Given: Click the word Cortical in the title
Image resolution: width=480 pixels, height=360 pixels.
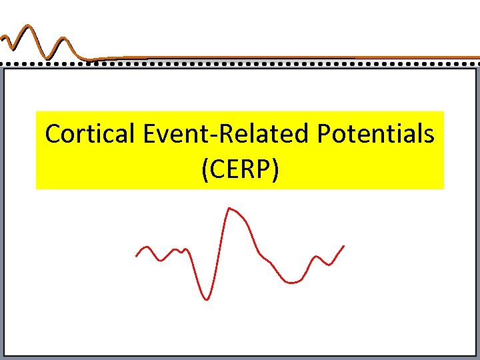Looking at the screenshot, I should coord(91,135).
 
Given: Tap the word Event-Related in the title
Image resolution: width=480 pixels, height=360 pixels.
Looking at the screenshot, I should coord(227,135).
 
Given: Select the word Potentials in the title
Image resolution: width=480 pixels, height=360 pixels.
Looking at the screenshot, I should coord(376,135).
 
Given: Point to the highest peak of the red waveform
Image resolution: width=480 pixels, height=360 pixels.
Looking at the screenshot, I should coord(229,209).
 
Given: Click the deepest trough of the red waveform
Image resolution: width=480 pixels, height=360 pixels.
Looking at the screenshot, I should coord(206,299).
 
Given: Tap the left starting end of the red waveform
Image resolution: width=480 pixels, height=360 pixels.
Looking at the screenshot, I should coord(137,255).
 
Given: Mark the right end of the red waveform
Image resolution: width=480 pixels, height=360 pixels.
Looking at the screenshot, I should coord(343,246).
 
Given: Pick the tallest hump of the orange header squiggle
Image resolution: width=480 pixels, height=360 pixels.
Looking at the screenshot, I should coord(28,28).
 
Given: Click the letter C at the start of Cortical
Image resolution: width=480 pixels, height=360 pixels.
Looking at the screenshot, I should coord(53,135).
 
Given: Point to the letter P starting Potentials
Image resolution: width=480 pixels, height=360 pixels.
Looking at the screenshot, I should coord(324,135).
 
